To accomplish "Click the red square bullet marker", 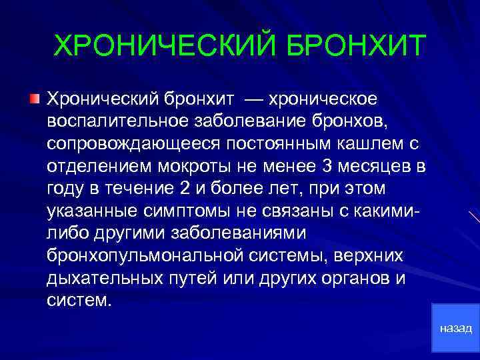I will (34, 100).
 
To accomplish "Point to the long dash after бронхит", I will (257, 100).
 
